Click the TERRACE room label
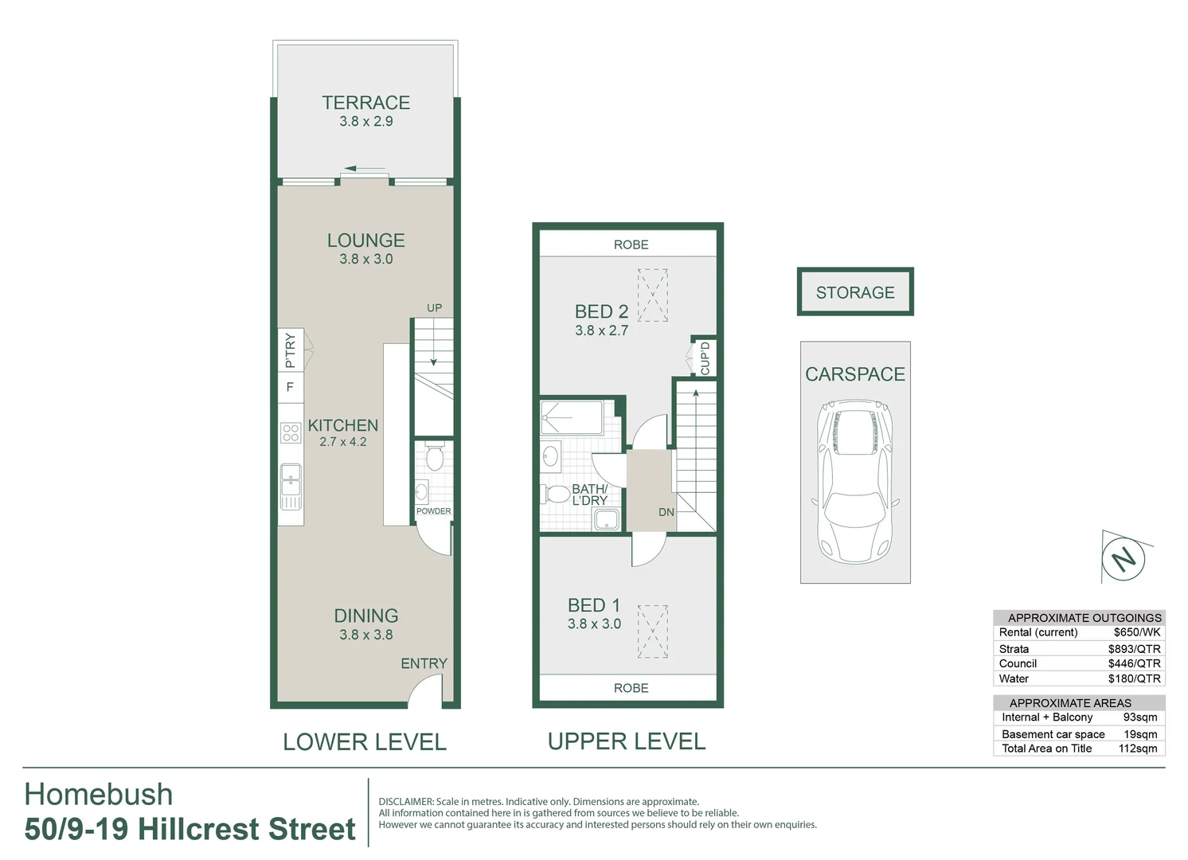click(x=365, y=103)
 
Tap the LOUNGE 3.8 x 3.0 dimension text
click(x=365, y=259)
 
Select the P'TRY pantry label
click(x=290, y=350)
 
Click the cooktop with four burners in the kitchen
click(x=291, y=432)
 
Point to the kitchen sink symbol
click(x=291, y=478)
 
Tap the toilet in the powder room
click(x=434, y=457)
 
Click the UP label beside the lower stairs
click(x=434, y=307)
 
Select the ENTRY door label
click(x=424, y=663)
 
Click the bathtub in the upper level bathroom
click(x=572, y=417)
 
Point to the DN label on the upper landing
click(x=666, y=512)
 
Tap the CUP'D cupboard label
click(x=705, y=358)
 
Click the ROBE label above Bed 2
click(x=631, y=244)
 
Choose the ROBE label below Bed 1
click(x=631, y=688)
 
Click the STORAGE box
click(x=855, y=292)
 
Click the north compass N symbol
click(x=1124, y=558)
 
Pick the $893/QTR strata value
click(x=1134, y=649)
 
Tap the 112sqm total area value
click(x=1137, y=749)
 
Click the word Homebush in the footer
click(x=99, y=795)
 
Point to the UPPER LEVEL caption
click(x=627, y=741)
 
